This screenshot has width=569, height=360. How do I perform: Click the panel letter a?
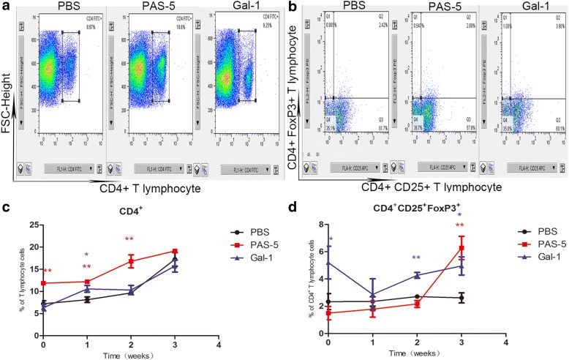[x=6, y=7]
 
